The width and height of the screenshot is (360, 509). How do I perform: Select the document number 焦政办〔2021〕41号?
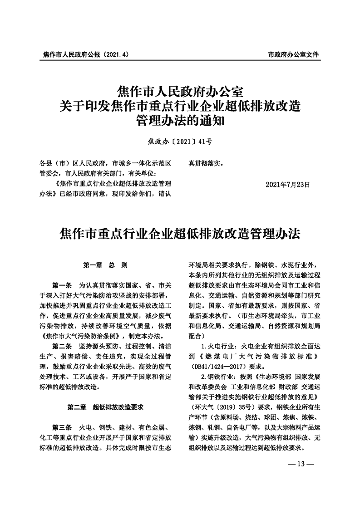180,142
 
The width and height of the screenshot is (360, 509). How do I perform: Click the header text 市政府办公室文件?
293,54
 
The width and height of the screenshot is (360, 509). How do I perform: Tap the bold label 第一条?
63,285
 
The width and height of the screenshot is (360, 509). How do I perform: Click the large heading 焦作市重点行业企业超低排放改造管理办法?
180,235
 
